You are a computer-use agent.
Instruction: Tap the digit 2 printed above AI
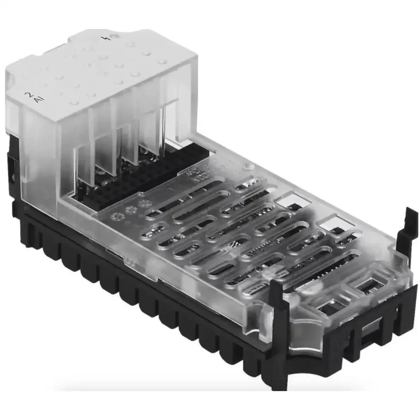(28, 94)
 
